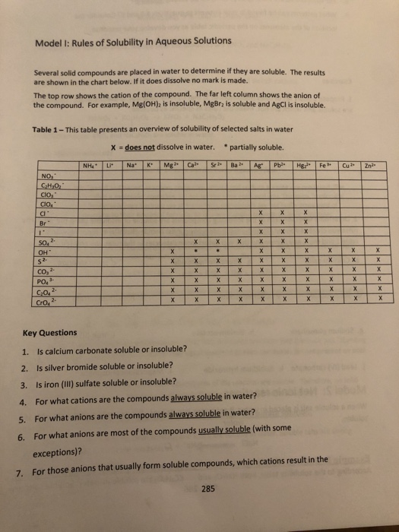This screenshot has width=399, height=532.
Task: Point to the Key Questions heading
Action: (x=49, y=332)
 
